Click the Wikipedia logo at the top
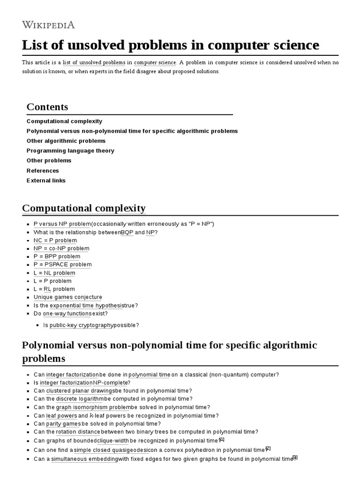coord(48,25)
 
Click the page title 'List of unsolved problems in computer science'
coord(171,45)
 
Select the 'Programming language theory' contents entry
coord(70,150)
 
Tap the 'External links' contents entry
coord(46,180)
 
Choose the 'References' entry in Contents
coord(43,171)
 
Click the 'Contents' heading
coord(47,107)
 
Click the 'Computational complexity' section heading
coord(84,208)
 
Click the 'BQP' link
coord(127,232)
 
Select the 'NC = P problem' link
coord(55,240)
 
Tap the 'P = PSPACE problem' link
coord(62,264)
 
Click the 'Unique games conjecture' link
coord(67,297)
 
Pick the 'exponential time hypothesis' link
coord(86,305)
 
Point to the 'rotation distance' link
coord(78,432)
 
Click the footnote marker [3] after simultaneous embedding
coord(295,457)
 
